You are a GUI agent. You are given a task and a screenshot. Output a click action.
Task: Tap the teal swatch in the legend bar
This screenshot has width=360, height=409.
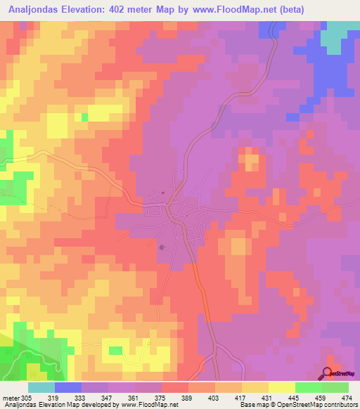(x=41, y=387)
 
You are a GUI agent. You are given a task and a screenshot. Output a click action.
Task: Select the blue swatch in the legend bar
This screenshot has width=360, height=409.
(x=68, y=387)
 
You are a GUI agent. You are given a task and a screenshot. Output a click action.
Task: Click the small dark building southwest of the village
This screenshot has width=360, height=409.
(x=164, y=247)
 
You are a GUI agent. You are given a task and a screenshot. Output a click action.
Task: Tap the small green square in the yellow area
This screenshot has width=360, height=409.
(x=85, y=117)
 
